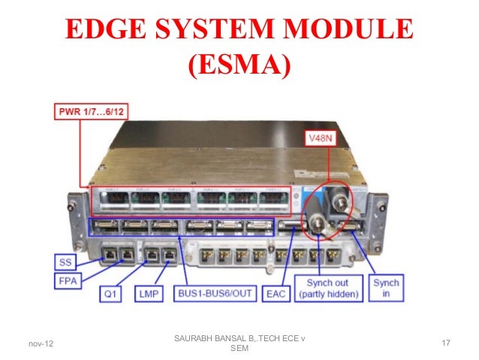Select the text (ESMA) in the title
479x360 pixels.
pos(239,65)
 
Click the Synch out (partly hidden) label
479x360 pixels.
pos(328,288)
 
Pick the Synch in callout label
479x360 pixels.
pos(388,288)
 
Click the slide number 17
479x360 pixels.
pos(445,343)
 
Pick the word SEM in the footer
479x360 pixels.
pos(239,349)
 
